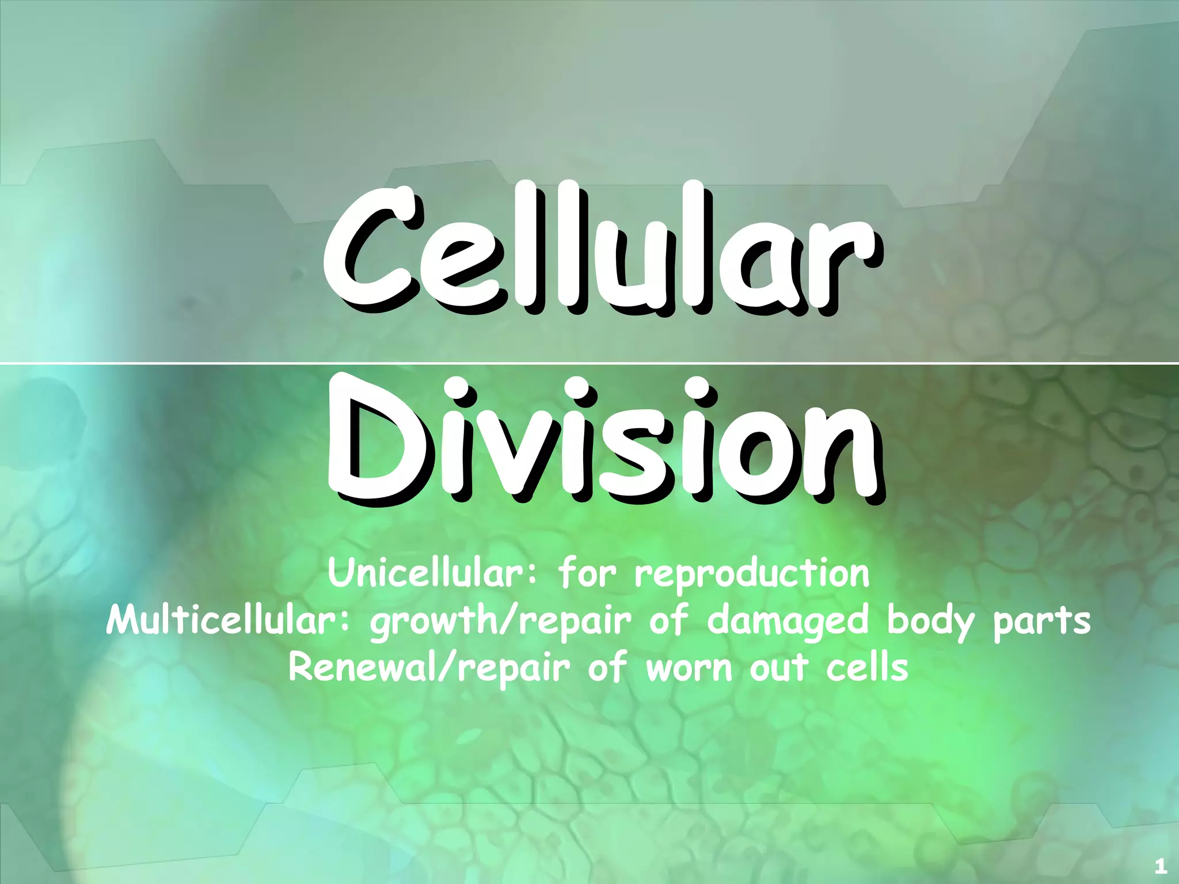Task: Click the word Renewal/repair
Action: point(429,669)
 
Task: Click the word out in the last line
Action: point(779,669)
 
